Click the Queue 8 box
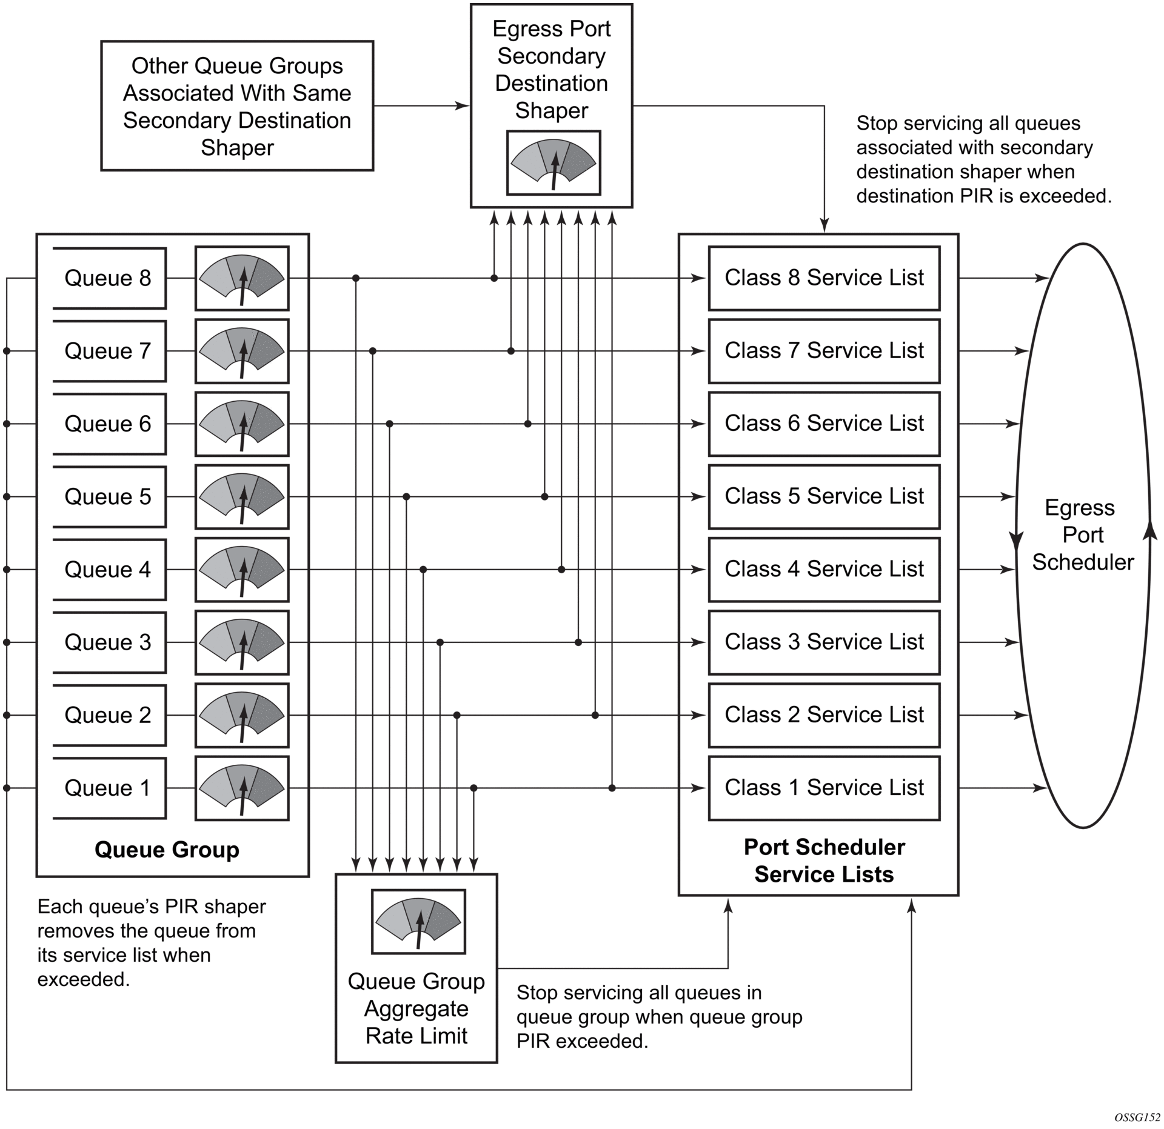(109, 278)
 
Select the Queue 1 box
(109, 788)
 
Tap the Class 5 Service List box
(824, 496)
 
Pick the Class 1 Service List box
(824, 788)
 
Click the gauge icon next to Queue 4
(242, 570)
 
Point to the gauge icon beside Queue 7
(242, 351)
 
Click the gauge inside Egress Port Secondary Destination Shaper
(554, 162)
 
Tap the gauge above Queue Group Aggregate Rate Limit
(418, 922)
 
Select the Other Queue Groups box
(237, 106)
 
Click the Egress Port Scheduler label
(1083, 535)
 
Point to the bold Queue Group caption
(167, 850)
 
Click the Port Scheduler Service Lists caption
(824, 861)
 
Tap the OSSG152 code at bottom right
(1137, 1117)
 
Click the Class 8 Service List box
(824, 278)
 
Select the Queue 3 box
(109, 642)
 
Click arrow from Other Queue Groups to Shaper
(421, 106)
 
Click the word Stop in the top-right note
(877, 124)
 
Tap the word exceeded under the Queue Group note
(83, 979)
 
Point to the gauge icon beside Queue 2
(242, 715)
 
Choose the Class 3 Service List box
(824, 642)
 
